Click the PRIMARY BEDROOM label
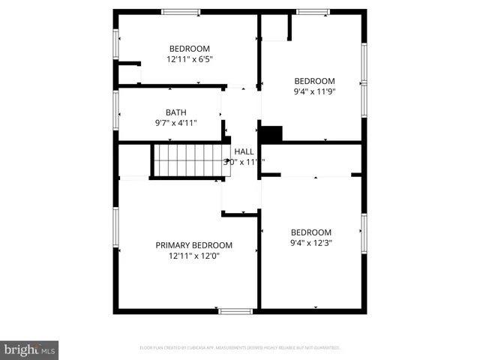tap(193, 245)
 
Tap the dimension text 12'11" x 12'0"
tap(193, 256)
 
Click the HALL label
tap(244, 151)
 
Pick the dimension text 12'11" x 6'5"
tap(189, 59)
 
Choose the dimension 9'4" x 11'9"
tap(314, 91)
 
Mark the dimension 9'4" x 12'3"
tap(310, 243)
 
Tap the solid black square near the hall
tap(271, 133)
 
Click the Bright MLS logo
tap(29, 350)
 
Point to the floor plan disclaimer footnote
tap(240, 348)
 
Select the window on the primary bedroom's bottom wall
tap(235, 310)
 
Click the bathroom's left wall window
tap(115, 110)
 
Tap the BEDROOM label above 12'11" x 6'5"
tap(189, 49)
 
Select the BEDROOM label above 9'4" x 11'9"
tap(314, 81)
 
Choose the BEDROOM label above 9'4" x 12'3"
tap(310, 232)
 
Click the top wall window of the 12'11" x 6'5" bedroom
tap(181, 12)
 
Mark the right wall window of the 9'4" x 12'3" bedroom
tap(364, 232)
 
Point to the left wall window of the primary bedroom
tap(115, 227)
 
